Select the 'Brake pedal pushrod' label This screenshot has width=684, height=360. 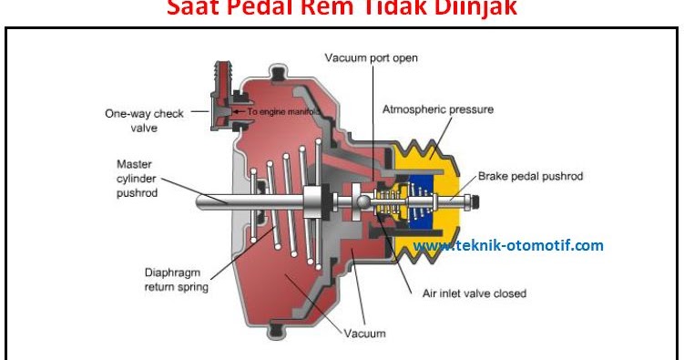coord(530,175)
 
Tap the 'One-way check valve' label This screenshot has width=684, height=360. coord(144,121)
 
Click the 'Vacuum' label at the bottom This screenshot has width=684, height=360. coord(364,333)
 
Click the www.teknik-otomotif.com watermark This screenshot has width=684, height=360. coord(508,245)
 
